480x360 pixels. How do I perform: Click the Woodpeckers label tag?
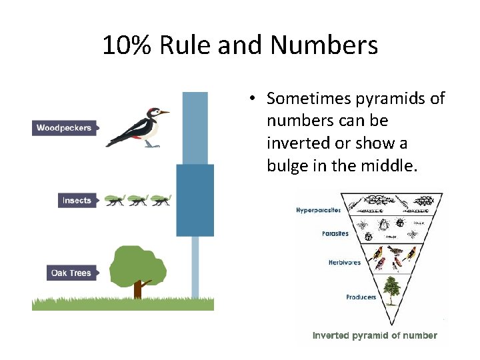(x=64, y=128)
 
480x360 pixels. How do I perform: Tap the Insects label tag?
(x=77, y=200)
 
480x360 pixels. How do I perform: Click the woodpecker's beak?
(x=165, y=113)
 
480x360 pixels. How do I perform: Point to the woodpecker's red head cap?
(x=154, y=110)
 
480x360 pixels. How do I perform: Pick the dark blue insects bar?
(x=195, y=200)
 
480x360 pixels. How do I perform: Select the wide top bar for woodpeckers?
(x=195, y=127)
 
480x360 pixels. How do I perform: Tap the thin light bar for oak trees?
(x=195, y=267)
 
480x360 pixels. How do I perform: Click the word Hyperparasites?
(x=318, y=210)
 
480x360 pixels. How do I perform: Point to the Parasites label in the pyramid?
(x=335, y=234)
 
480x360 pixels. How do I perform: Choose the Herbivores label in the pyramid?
(x=345, y=262)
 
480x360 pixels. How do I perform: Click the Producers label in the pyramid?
(x=361, y=297)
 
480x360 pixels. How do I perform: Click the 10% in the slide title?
(x=127, y=45)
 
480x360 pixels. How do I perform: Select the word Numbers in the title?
(x=324, y=45)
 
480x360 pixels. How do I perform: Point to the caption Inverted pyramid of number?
(x=375, y=335)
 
